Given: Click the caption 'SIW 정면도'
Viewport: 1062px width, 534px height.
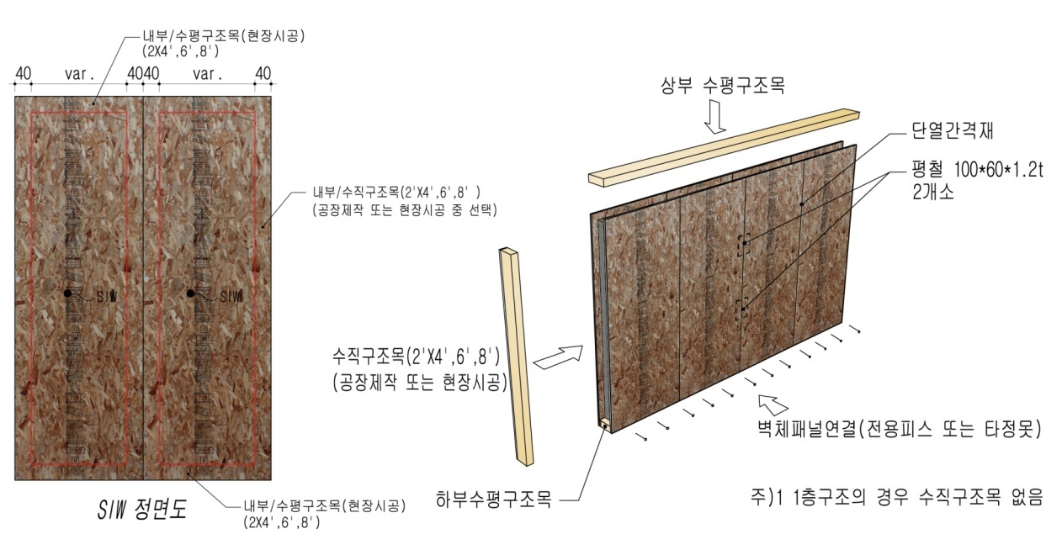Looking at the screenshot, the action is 141,510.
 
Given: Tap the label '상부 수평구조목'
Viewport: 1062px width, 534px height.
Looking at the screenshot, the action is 723,86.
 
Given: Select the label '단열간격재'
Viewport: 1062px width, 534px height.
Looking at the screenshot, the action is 952,131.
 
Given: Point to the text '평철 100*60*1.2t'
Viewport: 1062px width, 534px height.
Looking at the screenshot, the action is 977,170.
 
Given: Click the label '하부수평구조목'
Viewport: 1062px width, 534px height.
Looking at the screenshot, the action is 493,500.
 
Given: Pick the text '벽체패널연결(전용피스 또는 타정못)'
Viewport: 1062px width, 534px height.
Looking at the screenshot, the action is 899,429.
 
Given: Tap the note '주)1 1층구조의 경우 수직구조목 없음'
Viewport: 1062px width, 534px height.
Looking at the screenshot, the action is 896,497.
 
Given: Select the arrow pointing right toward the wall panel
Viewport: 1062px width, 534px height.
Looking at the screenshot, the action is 559,357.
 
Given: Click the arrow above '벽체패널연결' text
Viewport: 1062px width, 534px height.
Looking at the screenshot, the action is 773,405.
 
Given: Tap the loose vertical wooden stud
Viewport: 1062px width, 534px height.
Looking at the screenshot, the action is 517,357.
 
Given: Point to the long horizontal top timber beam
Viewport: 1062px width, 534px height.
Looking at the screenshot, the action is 724,147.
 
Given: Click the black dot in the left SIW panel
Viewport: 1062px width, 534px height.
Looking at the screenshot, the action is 68,293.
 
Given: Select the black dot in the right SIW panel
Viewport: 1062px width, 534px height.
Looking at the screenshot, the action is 190,293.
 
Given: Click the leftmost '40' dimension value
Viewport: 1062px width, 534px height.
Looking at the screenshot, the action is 24,74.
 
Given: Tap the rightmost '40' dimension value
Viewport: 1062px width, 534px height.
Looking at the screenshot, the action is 263,74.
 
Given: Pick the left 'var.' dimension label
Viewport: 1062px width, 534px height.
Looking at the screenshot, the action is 80,74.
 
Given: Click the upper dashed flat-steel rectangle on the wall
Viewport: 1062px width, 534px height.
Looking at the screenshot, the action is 743,245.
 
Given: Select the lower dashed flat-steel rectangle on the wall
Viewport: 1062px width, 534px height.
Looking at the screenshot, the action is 741,309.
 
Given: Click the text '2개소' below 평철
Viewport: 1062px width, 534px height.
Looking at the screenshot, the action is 932,193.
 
